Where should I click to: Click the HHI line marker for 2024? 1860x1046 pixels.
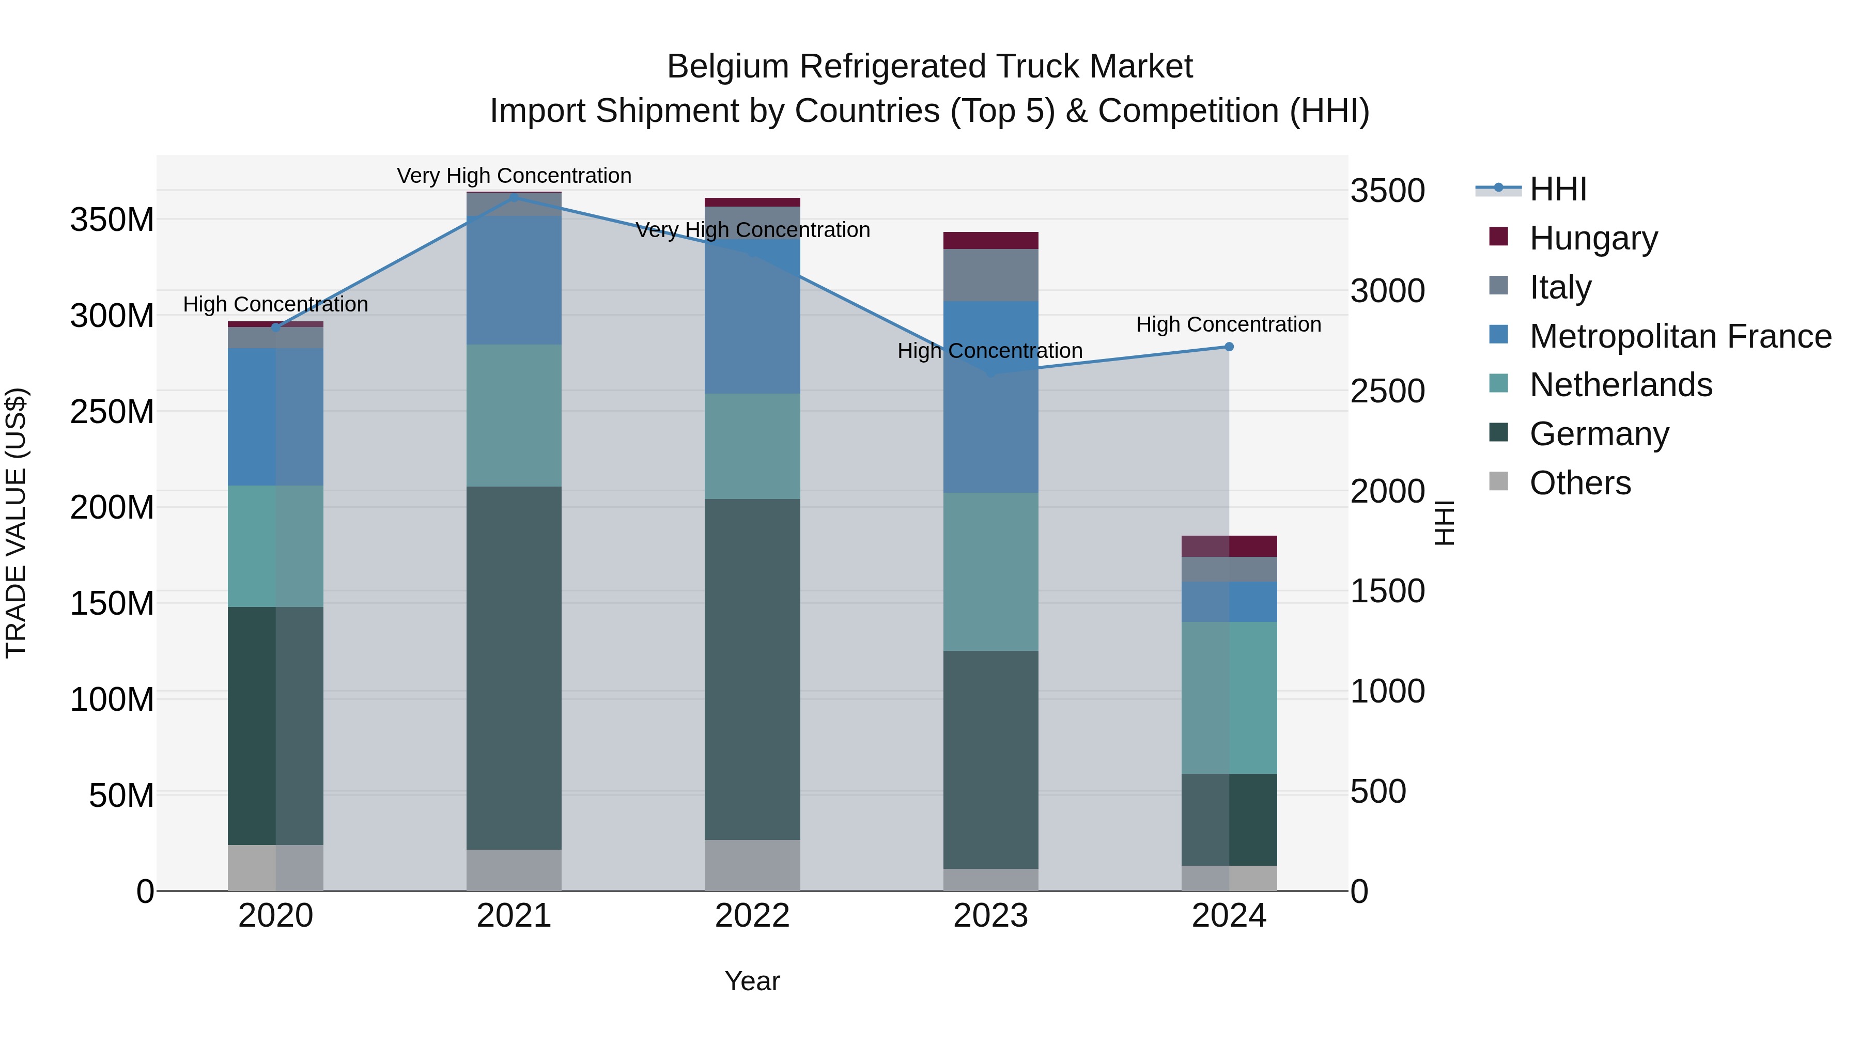(x=1229, y=347)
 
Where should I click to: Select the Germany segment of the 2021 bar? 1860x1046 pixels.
(x=514, y=668)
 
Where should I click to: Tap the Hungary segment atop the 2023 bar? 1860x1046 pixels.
(x=990, y=240)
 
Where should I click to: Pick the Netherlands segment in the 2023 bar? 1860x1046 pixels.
(x=990, y=572)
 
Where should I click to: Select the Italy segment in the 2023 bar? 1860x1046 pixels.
(x=990, y=275)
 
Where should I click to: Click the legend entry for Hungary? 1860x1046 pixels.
(x=1593, y=238)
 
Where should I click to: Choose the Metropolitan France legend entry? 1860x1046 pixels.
(x=1680, y=336)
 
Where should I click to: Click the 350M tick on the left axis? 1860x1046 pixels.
(x=112, y=220)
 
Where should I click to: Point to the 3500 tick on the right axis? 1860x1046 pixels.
(x=1387, y=191)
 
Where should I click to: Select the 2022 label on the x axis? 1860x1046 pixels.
(x=752, y=916)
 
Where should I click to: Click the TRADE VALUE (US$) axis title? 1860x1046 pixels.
(x=16, y=523)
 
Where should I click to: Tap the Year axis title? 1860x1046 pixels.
(x=752, y=981)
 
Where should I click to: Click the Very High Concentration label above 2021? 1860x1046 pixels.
(x=514, y=176)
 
